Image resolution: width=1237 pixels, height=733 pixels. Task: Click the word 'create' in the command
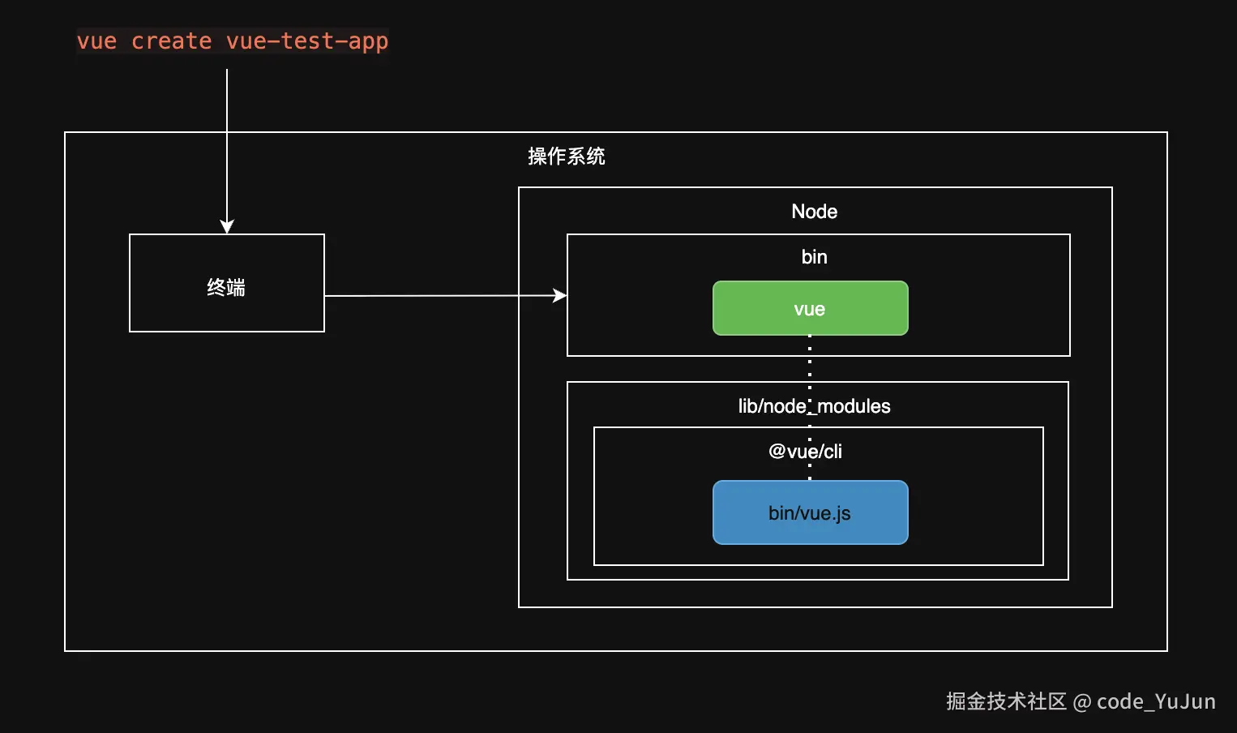coord(171,41)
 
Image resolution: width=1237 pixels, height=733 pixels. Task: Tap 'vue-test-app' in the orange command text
coord(307,41)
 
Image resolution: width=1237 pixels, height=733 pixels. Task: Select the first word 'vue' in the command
coord(96,41)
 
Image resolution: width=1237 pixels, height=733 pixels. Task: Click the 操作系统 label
coord(567,156)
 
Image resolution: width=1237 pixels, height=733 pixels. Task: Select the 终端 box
coord(227,284)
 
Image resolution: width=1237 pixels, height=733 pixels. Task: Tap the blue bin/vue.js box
coord(811,512)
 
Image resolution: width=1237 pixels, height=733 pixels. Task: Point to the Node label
coord(814,212)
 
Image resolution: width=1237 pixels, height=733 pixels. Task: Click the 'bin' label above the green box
coord(814,257)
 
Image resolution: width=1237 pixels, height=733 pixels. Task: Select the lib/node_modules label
coord(814,406)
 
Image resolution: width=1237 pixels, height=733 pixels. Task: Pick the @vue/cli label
coord(805,452)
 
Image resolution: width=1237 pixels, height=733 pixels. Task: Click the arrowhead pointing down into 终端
coord(227,226)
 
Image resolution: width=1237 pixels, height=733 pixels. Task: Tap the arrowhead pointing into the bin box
coord(559,296)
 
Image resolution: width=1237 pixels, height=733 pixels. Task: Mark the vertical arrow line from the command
coord(227,138)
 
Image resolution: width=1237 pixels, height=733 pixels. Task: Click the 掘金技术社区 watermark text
coord(1006,701)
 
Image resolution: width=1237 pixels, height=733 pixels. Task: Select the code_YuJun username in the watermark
coord(1156,701)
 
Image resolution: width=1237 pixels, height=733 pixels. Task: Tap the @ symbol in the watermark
coord(1082,702)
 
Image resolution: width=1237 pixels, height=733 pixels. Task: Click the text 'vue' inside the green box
coord(810,309)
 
